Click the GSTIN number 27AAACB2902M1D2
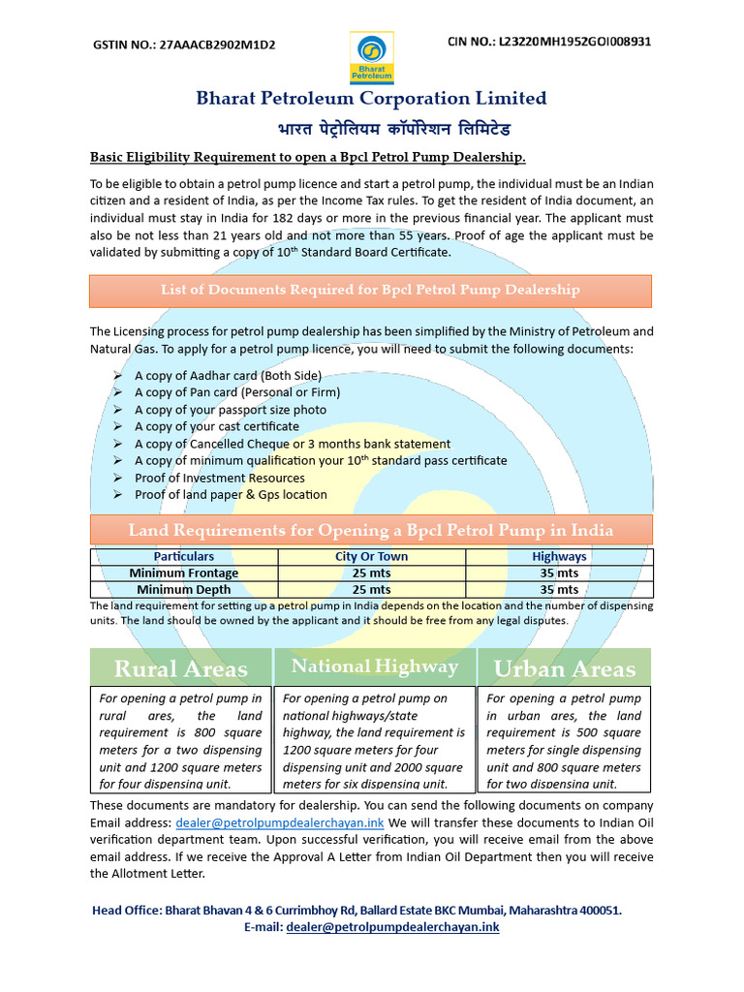(x=184, y=45)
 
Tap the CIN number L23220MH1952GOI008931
(x=549, y=42)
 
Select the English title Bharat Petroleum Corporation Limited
(x=371, y=98)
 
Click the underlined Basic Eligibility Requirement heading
(x=308, y=157)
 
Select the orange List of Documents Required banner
(x=370, y=290)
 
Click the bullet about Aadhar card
(x=228, y=376)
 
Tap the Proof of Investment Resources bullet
(x=219, y=478)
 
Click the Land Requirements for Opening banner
(x=370, y=530)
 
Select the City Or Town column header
(x=371, y=557)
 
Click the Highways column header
(x=559, y=557)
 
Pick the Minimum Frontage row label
(x=184, y=573)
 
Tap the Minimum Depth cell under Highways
(x=559, y=589)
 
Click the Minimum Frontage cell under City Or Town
(x=371, y=573)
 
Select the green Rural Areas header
(x=181, y=668)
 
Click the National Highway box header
(x=375, y=666)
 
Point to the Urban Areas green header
(x=564, y=668)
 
